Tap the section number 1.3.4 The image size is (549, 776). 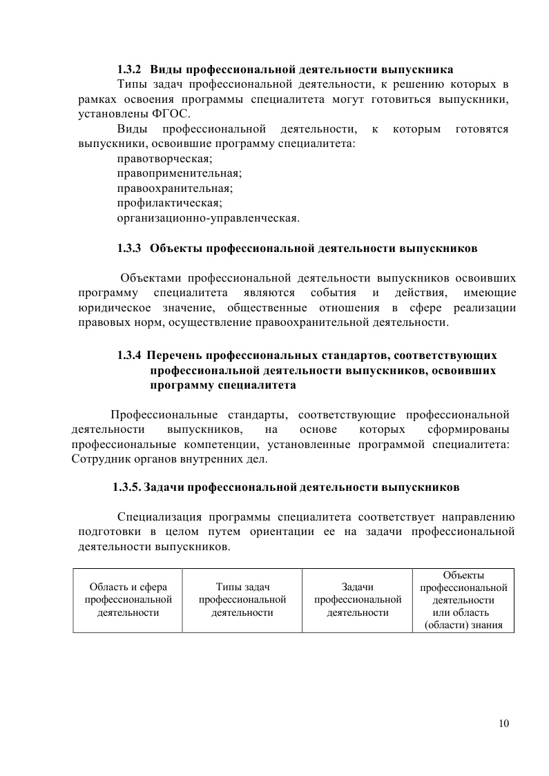coord(129,356)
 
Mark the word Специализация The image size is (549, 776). coord(160,516)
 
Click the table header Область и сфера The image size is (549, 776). coord(128,588)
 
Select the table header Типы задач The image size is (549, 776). coord(242,588)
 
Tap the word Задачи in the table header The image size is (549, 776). coord(357,588)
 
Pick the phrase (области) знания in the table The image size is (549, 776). coord(463,625)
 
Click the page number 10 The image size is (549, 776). coord(503,724)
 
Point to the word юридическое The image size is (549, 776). coord(113,308)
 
